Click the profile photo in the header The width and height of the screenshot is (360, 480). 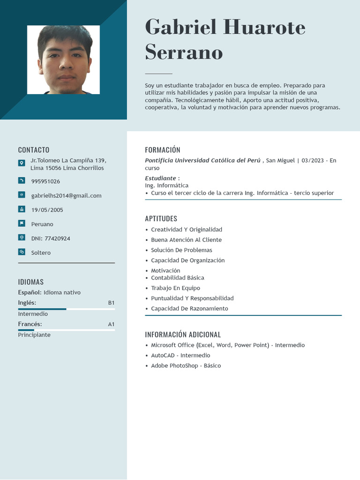click(63, 60)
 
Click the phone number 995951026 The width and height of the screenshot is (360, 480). click(45, 181)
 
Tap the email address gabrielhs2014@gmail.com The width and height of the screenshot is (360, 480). click(66, 195)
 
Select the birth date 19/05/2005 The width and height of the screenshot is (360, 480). click(47, 210)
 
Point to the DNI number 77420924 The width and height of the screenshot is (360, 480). click(51, 239)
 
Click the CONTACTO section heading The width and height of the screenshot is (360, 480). click(34, 150)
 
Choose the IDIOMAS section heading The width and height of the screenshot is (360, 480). click(31, 282)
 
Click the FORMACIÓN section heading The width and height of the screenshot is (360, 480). click(163, 150)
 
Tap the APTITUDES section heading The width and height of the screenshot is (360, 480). click(161, 218)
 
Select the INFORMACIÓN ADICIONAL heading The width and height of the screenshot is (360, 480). click(183, 335)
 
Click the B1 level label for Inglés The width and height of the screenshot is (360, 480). click(111, 303)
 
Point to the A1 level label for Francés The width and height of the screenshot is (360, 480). click(111, 324)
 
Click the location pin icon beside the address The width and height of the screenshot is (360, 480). click(22, 163)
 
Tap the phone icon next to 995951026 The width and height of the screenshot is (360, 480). click(22, 180)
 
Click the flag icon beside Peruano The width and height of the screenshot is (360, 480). click(22, 223)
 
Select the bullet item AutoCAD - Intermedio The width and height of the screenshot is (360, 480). click(180, 355)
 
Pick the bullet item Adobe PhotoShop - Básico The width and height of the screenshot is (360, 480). click(186, 366)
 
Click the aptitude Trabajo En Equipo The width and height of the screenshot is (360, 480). click(175, 288)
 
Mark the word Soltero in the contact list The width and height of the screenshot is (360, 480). click(41, 253)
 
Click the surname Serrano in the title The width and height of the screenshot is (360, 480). click(184, 52)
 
